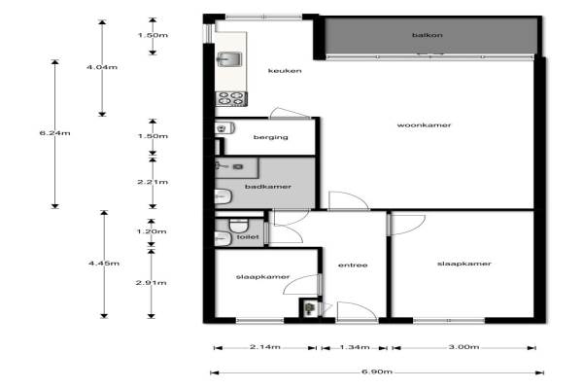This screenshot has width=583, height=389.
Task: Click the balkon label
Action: coord(428,35)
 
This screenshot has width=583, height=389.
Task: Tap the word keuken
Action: coord(285,71)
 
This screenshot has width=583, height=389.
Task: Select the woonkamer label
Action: coord(424,125)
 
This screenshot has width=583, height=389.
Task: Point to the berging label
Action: coord(271,137)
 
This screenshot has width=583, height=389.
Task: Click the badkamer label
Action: coord(268,187)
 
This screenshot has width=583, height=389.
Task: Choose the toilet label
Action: coord(248,236)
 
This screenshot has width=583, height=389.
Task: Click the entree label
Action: coord(353,265)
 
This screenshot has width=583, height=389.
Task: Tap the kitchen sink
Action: coord(228,58)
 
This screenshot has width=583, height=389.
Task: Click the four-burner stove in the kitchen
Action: coord(231,98)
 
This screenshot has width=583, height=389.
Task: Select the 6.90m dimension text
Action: coord(377,371)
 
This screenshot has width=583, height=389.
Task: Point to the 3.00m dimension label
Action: coord(463,347)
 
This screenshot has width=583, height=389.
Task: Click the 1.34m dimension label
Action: coord(355,347)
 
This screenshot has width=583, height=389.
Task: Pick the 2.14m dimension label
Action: coord(264,347)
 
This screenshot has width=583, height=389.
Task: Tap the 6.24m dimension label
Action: coord(54,133)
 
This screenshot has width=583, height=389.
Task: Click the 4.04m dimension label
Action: coord(102,67)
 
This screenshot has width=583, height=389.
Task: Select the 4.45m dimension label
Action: coord(104,264)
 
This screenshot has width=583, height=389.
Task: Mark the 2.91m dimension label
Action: coord(151,283)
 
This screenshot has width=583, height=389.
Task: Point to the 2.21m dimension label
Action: coord(153,182)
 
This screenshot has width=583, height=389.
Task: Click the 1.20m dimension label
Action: coord(152,231)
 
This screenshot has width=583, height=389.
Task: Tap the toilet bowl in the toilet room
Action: coord(238,225)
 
